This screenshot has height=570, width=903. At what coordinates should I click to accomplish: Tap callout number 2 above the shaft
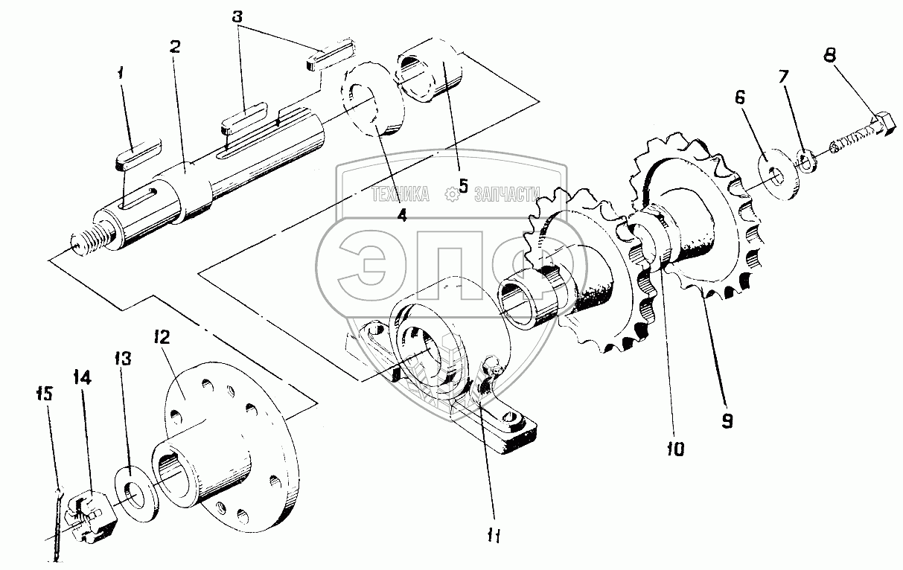[175, 46]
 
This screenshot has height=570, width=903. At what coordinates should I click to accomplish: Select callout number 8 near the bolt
[830, 55]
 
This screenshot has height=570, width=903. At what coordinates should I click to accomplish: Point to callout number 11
[494, 535]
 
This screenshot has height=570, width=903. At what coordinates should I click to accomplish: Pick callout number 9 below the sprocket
[727, 421]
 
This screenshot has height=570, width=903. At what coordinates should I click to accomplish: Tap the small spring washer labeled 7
[805, 158]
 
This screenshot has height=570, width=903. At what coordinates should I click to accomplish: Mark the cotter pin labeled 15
[58, 521]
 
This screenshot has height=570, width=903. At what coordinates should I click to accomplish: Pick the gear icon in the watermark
[450, 195]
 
